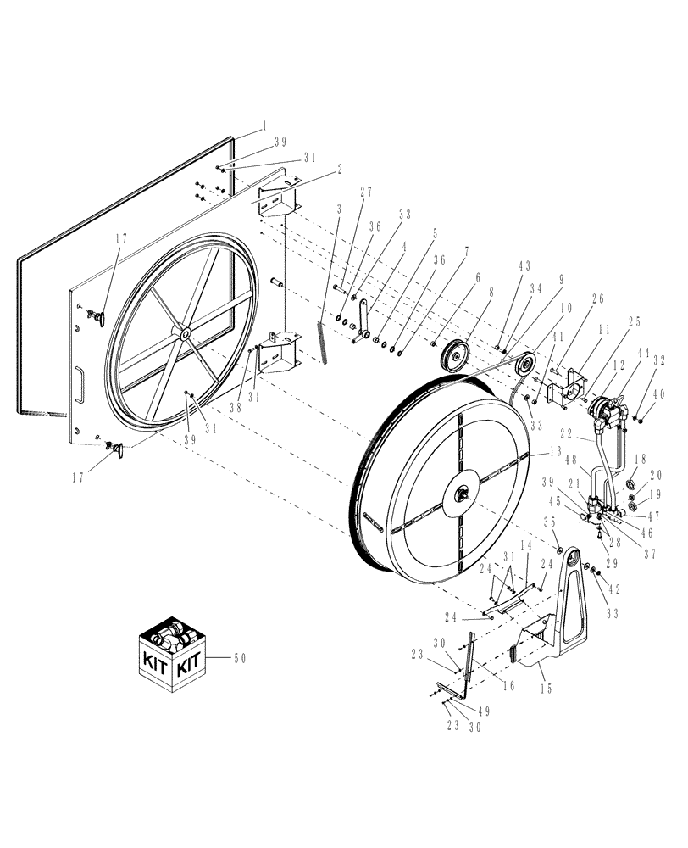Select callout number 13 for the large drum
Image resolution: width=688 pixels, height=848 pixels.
point(556,453)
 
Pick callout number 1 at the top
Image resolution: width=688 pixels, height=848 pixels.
point(265,125)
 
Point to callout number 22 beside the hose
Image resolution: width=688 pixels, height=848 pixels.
point(564,434)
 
